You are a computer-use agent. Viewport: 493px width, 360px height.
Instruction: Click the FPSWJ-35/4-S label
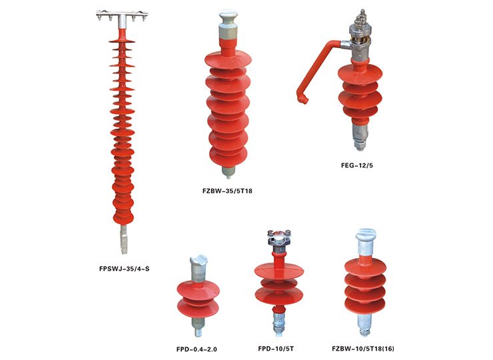click(x=124, y=269)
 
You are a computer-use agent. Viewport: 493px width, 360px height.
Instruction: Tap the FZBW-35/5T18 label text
click(x=227, y=191)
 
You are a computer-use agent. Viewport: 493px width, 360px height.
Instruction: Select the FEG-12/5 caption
click(x=357, y=165)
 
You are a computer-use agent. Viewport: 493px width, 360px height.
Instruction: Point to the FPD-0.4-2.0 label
click(x=197, y=349)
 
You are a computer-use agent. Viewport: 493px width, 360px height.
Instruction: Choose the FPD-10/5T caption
click(x=276, y=349)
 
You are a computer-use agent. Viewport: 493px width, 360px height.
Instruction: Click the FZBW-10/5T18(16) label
click(x=363, y=349)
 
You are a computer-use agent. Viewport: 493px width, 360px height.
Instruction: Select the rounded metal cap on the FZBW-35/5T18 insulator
click(x=228, y=18)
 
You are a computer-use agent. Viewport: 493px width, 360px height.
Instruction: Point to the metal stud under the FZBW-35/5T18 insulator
click(x=229, y=172)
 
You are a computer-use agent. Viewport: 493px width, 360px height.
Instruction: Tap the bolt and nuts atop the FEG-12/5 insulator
click(x=360, y=19)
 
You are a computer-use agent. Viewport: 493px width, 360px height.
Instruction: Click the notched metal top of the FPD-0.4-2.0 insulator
click(x=199, y=261)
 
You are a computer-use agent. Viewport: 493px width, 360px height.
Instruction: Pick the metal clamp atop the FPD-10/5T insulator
click(x=278, y=237)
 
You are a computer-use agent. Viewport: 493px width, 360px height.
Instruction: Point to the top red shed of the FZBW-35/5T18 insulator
click(x=229, y=60)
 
